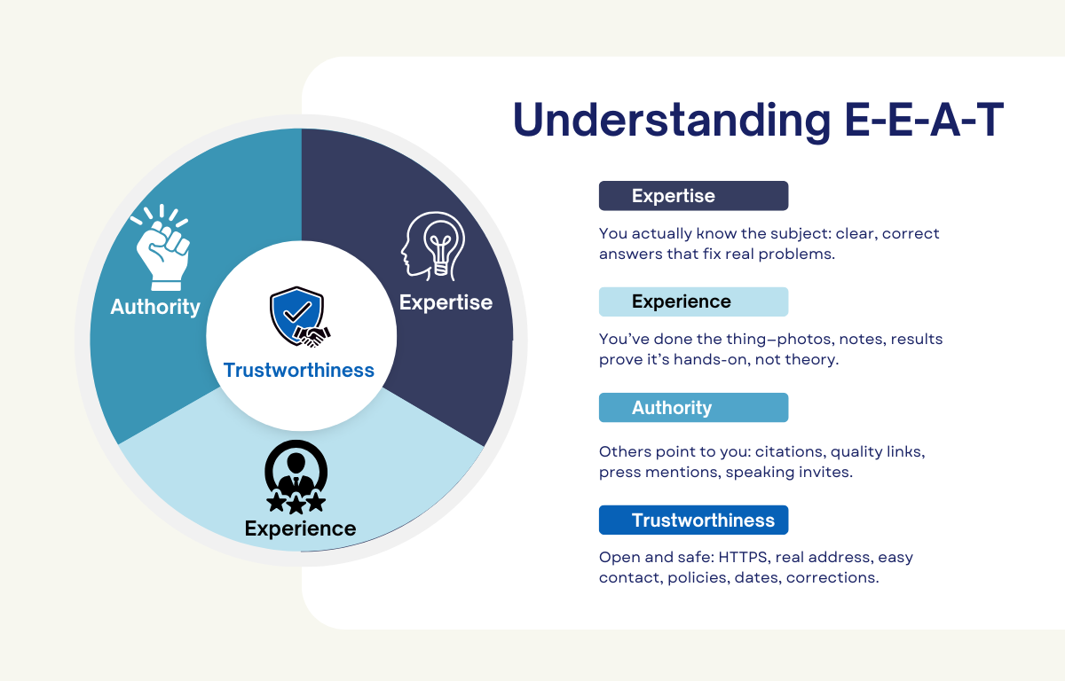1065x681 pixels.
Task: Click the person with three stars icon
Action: [x=296, y=477]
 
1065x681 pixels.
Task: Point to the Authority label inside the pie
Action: [x=155, y=307]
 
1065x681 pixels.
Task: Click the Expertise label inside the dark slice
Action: [x=446, y=302]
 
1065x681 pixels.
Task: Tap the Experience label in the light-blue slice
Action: [x=300, y=529]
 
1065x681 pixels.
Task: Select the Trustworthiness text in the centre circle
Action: [x=299, y=370]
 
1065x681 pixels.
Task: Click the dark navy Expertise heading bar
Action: [x=693, y=196]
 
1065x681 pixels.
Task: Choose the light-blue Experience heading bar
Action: [x=693, y=301]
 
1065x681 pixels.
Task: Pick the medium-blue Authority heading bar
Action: [x=693, y=408]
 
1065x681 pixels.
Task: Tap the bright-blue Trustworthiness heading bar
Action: [x=693, y=521]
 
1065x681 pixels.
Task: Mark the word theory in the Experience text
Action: [x=814, y=359]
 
